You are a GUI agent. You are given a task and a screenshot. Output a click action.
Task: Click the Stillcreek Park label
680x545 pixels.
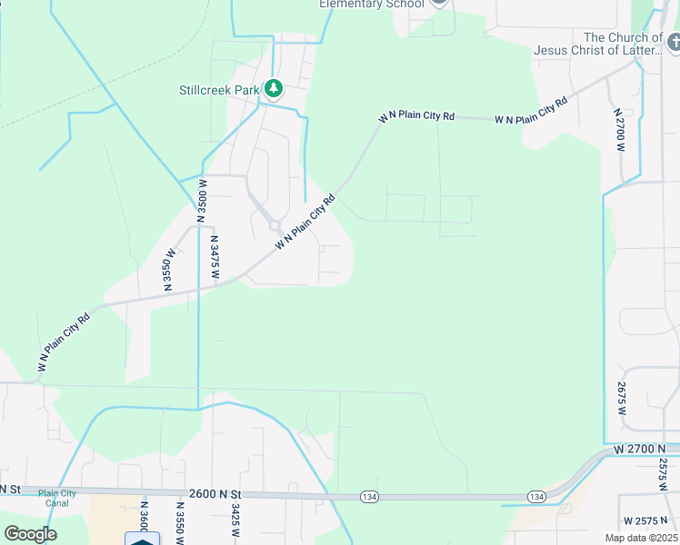219,89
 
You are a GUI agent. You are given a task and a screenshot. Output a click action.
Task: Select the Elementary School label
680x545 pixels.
371,4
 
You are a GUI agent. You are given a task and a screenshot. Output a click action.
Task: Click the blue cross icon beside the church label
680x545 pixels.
674,42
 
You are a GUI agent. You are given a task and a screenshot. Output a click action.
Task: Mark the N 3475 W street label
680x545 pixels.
215,259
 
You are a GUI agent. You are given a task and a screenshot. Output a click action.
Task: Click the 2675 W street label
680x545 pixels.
622,398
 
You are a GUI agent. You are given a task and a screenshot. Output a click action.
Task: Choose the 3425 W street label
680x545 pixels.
235,521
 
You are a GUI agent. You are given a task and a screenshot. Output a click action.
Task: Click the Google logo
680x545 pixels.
30,533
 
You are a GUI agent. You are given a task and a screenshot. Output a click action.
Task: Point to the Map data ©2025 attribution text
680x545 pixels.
640,538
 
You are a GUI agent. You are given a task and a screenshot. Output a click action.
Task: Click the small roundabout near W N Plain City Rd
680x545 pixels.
274,225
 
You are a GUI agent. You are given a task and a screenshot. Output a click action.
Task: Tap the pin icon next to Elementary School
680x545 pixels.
439,2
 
